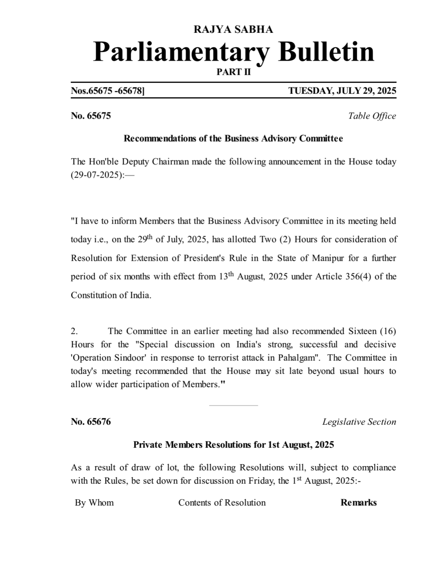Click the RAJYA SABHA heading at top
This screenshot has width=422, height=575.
[233, 29]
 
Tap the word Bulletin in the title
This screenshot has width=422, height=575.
[326, 52]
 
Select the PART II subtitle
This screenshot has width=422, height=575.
[233, 72]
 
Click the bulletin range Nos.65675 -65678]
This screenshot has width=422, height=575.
[107, 91]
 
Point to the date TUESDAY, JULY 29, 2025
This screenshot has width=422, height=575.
[342, 91]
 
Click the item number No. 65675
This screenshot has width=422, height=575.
[91, 116]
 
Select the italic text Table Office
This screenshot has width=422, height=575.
[372, 116]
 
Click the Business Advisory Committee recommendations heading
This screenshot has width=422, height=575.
[233, 139]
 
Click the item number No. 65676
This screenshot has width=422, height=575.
[91, 422]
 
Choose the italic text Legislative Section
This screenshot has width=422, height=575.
[359, 422]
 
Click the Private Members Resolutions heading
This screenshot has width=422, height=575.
[233, 445]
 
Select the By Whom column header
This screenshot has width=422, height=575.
[94, 502]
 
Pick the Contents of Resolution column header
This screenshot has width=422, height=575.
[222, 502]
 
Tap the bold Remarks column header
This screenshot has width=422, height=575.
[358, 502]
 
